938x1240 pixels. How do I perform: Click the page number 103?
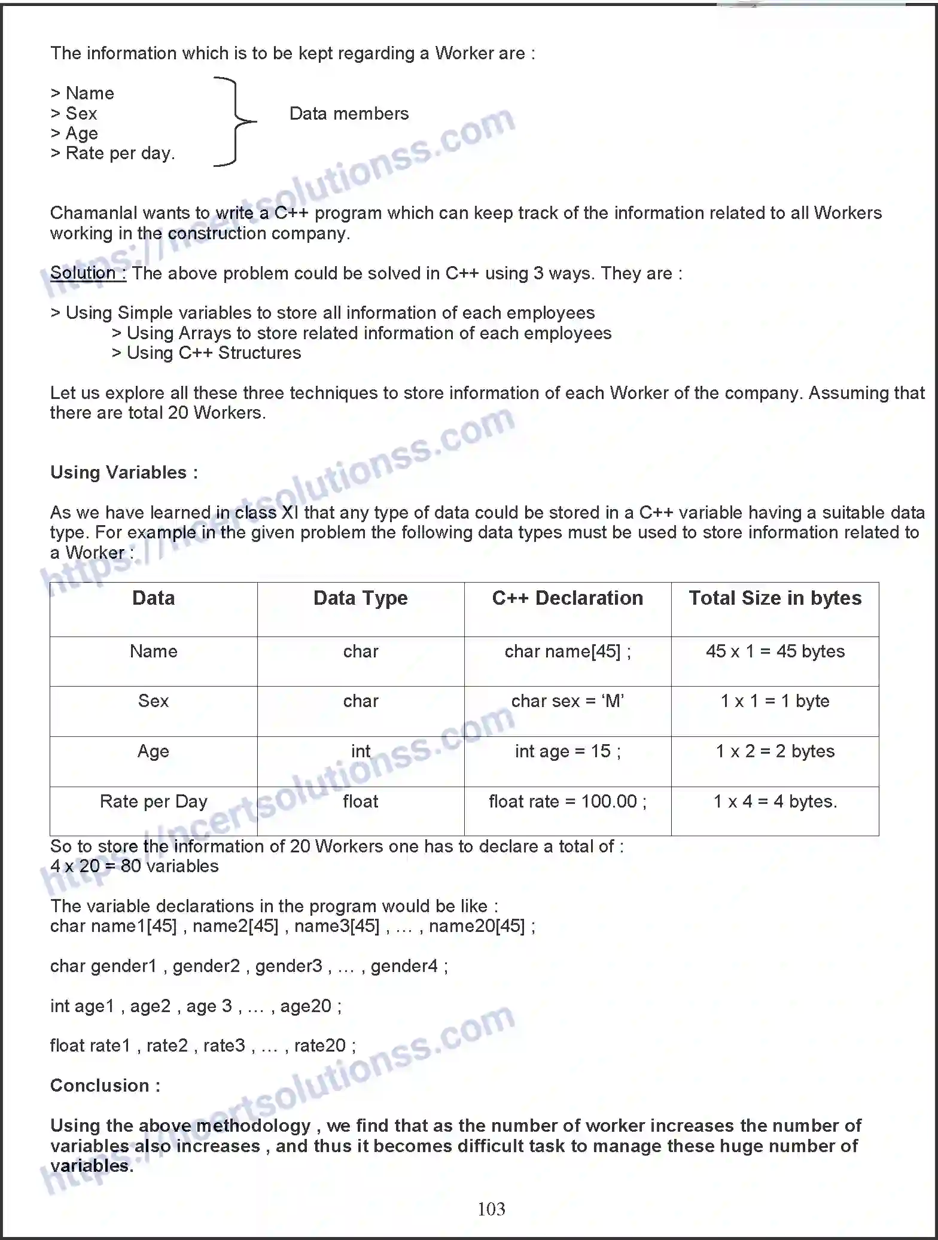click(x=491, y=1209)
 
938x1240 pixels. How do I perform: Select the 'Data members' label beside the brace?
click(x=349, y=114)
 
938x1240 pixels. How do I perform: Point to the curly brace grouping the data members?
click(x=234, y=121)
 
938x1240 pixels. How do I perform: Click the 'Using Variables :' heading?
click(x=124, y=473)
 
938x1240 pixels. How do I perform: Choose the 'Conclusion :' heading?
click(x=105, y=1086)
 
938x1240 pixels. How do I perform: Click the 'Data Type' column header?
click(x=361, y=598)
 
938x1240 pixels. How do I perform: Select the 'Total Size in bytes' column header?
click(x=775, y=598)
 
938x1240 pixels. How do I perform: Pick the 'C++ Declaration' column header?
click(x=568, y=598)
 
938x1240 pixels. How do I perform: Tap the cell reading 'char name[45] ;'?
click(x=568, y=651)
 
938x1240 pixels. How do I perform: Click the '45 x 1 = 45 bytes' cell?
click(x=775, y=651)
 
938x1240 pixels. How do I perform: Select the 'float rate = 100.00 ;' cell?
click(x=568, y=802)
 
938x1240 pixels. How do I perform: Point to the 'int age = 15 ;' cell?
click(x=568, y=751)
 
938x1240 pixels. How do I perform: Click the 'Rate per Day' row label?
click(x=154, y=802)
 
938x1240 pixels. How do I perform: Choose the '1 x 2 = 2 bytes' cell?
click(x=775, y=751)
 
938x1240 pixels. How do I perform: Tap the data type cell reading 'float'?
click(x=361, y=802)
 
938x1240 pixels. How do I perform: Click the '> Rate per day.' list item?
click(x=113, y=154)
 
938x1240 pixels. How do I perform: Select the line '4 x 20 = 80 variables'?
click(x=135, y=866)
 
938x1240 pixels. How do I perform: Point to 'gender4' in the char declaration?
click(x=404, y=966)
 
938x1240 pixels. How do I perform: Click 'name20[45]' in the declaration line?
click(x=477, y=927)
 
